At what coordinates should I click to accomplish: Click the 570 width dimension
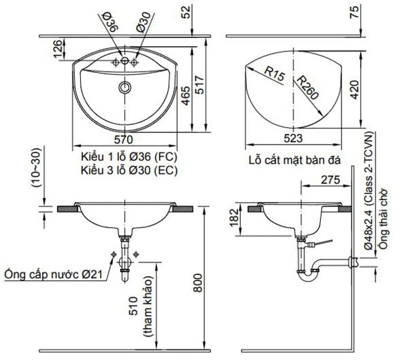click(x=123, y=140)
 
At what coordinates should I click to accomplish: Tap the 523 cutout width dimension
click(x=293, y=139)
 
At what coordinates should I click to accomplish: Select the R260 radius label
click(x=308, y=88)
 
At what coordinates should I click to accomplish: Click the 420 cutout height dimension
click(x=354, y=90)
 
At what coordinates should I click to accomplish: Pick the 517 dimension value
click(x=199, y=85)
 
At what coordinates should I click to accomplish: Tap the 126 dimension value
click(x=57, y=49)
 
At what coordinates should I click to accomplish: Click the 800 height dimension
click(x=197, y=282)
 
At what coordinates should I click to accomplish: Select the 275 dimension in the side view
click(x=330, y=180)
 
